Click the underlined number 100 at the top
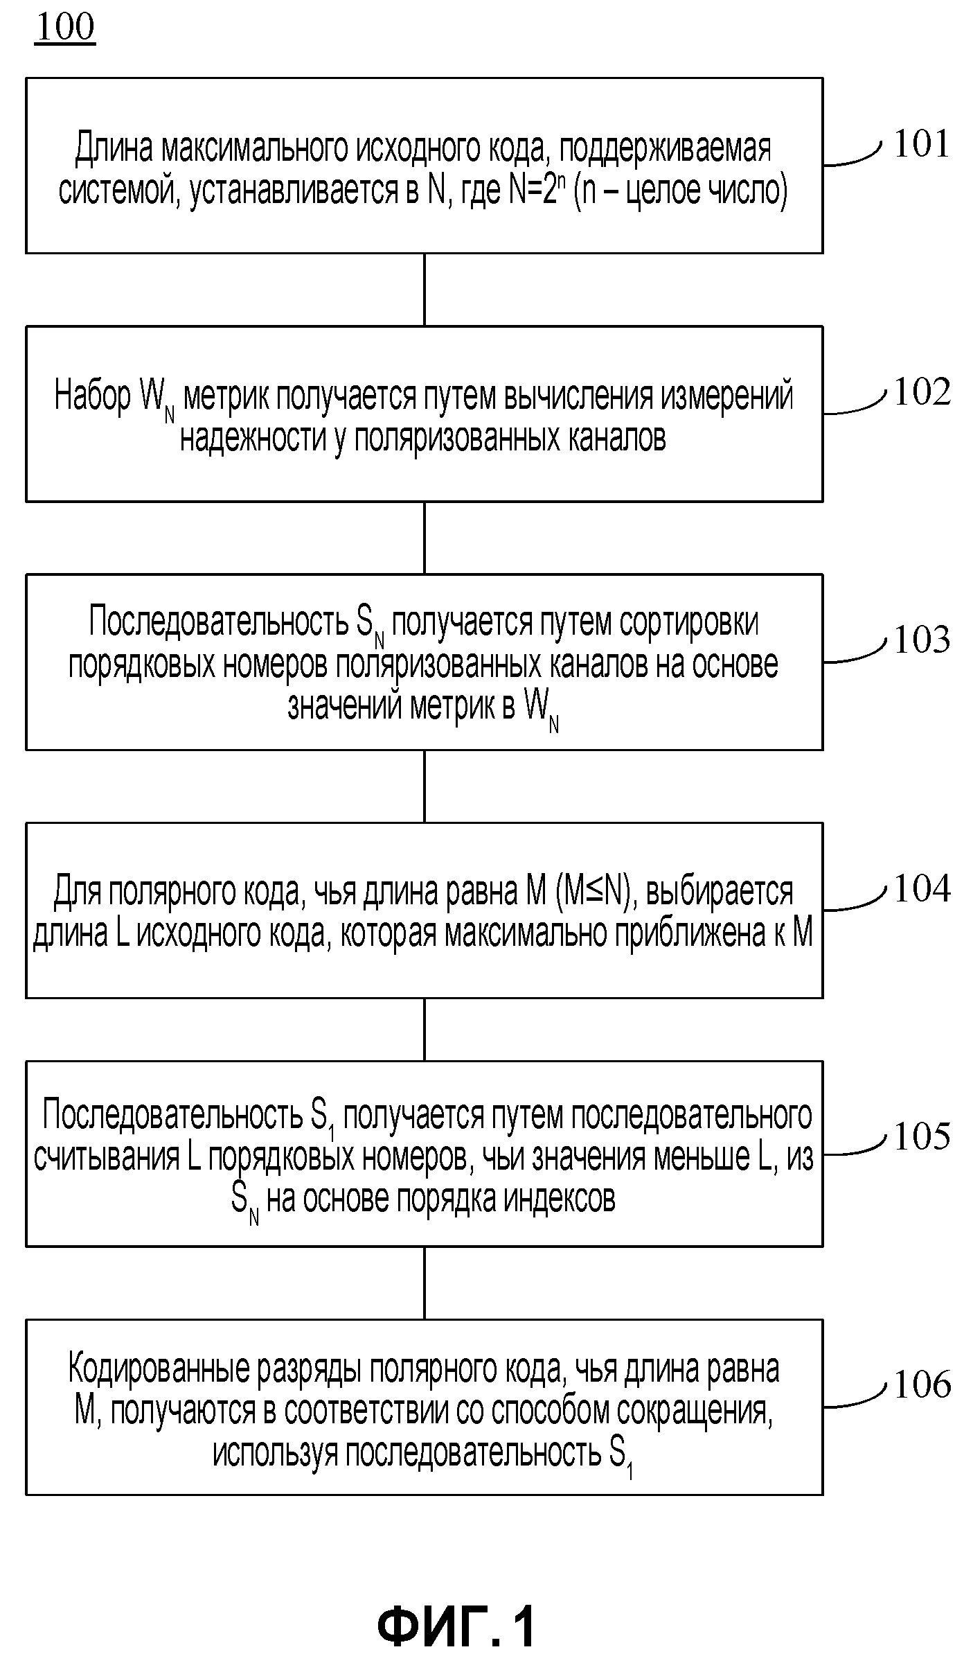64,28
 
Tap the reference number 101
921,144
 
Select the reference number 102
922,392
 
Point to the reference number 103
922,640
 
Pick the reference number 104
922,889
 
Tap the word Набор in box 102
93,396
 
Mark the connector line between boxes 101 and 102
425,290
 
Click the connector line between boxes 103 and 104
425,786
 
